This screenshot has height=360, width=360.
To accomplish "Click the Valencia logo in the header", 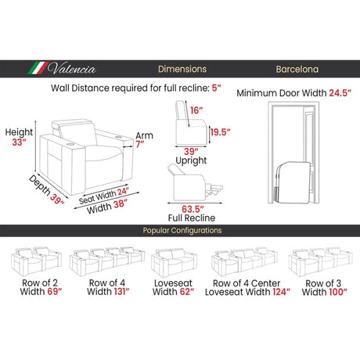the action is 62,68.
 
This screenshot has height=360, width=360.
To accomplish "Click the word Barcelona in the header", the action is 297,69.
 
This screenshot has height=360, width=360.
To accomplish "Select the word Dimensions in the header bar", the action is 182,69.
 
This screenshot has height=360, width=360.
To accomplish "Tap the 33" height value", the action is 19,142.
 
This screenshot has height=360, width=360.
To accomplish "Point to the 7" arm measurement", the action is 140,144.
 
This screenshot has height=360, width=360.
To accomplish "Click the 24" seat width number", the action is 123,192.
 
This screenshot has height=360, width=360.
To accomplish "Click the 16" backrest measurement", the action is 196,110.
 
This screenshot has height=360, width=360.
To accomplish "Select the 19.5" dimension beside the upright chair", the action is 221,132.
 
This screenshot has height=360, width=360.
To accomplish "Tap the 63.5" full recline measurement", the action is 193,209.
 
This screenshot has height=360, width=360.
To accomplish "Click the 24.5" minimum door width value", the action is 340,93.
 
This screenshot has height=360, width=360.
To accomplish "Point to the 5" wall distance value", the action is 216,88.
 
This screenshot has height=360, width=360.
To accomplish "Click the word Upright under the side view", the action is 191,160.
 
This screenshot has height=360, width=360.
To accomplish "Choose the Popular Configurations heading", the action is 182,231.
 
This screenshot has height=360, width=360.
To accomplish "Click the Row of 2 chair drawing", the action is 36,261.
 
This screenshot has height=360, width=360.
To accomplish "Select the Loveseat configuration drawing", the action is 174,262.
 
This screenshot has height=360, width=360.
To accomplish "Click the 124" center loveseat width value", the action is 282,292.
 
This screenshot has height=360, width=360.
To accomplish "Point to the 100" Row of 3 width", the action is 338,292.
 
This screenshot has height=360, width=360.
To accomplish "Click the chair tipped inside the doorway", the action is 293,182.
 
